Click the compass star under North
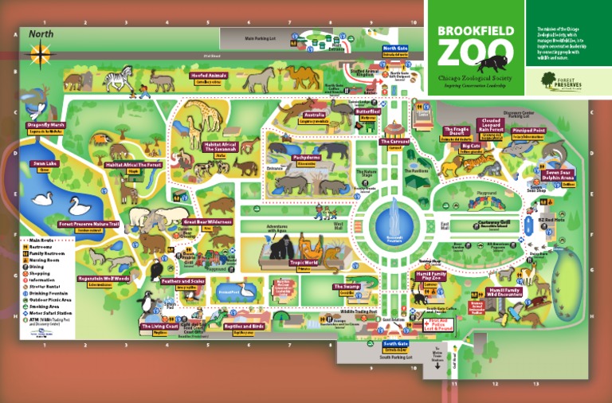(x=40, y=54)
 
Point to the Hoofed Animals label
(x=209, y=76)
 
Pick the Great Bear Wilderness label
(x=207, y=222)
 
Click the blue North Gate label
(x=395, y=49)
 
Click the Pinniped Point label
(x=528, y=130)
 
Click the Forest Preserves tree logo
(x=548, y=78)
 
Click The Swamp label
(x=347, y=287)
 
